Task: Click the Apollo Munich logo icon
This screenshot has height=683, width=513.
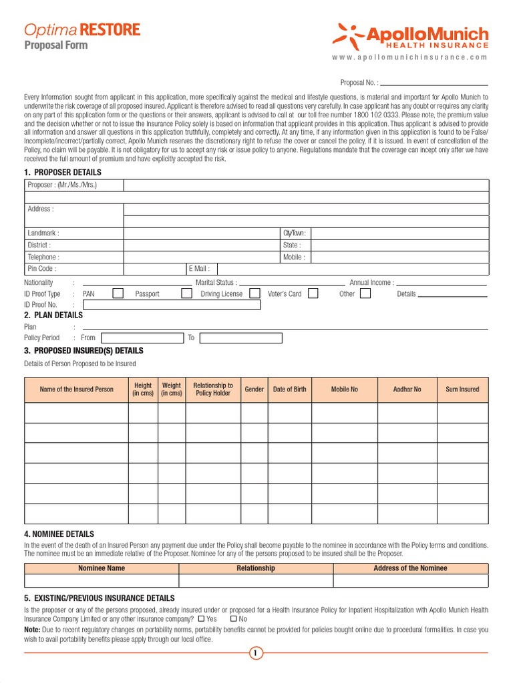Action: point(348,35)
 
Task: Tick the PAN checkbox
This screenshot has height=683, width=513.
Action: point(118,293)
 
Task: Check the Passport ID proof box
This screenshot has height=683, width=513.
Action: point(186,293)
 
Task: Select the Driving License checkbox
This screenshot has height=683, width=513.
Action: point(254,293)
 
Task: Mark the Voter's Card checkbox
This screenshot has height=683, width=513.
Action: point(313,293)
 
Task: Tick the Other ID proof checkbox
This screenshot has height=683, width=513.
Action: point(365,293)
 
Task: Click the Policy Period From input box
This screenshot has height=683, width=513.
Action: point(142,337)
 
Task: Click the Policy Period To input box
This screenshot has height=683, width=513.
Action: point(240,337)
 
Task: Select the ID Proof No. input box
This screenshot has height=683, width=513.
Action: point(172,305)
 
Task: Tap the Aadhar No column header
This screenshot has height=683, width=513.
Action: point(407,390)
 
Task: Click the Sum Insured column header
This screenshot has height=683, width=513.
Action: point(462,390)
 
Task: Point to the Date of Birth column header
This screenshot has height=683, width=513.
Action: point(289,390)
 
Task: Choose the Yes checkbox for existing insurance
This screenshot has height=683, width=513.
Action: point(201,619)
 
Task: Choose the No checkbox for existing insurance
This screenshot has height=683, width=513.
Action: point(233,619)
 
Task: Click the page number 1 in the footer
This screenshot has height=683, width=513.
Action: point(255,653)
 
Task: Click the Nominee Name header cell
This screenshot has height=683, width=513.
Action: point(102,568)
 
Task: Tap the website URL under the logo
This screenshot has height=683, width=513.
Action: point(409,57)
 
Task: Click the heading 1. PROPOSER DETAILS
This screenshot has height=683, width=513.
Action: point(63,172)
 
